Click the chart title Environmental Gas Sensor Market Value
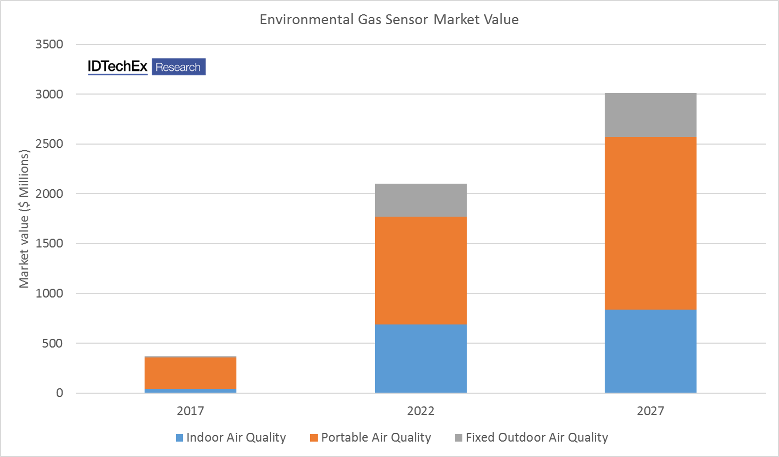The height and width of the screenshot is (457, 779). click(389, 20)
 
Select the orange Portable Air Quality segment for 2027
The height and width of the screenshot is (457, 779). click(650, 223)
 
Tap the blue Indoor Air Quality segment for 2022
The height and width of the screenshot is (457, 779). click(421, 359)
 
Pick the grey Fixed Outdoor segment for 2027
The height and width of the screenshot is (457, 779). click(650, 115)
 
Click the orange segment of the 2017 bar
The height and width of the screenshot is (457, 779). click(190, 373)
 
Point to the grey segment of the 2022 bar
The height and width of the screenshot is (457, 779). click(421, 200)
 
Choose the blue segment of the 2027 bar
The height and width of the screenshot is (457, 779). click(650, 351)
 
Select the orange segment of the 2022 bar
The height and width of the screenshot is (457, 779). click(421, 270)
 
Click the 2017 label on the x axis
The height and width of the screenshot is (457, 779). click(190, 411)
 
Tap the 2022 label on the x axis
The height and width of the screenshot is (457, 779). click(421, 411)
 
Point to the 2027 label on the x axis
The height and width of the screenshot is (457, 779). click(650, 411)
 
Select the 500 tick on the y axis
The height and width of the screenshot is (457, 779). click(54, 344)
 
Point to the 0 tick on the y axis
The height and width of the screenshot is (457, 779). click(59, 393)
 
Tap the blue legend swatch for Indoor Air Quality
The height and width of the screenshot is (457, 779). click(179, 438)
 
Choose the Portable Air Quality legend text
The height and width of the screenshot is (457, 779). click(376, 438)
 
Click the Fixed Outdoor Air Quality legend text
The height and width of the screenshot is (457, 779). click(537, 438)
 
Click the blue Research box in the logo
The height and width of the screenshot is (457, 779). click(178, 67)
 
